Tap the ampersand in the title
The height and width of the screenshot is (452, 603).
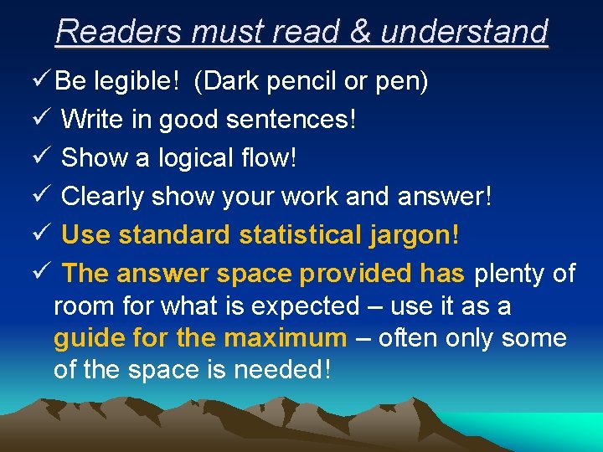pyautogui.click(x=360, y=32)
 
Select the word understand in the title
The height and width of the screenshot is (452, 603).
pyautogui.click(x=464, y=32)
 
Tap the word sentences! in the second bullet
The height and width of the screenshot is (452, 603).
pyautogui.click(x=291, y=120)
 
